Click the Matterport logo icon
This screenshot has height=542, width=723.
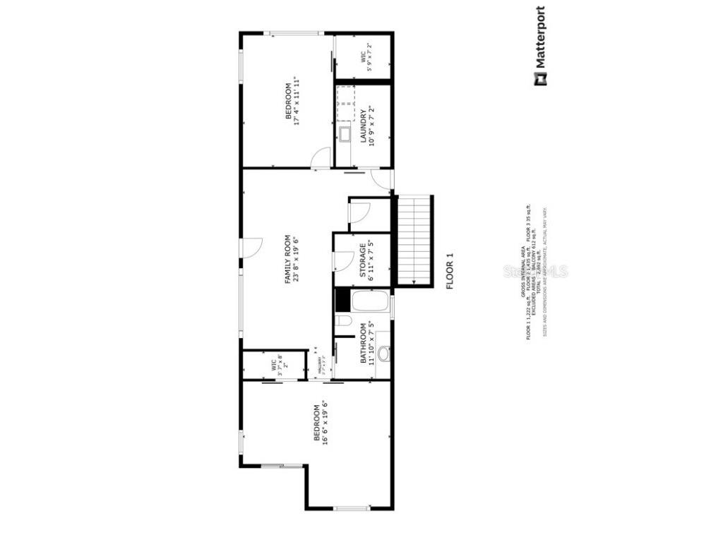click(539, 80)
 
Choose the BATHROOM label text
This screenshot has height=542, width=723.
click(364, 344)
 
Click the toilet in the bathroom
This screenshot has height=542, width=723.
click(344, 322)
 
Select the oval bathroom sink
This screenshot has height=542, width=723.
click(383, 354)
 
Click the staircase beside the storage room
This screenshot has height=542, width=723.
click(414, 240)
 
